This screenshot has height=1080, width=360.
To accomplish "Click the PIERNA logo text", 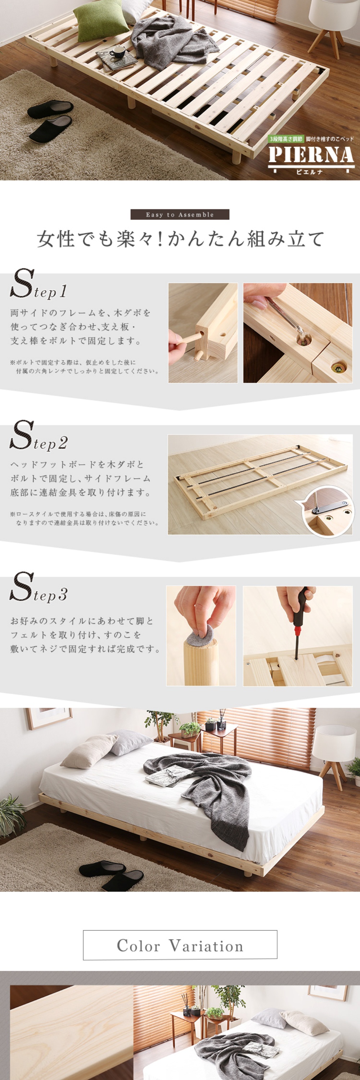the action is (x=311, y=155).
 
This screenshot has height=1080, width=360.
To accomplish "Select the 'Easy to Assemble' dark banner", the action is (x=180, y=215).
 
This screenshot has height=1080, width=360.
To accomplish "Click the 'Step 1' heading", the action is (x=39, y=285).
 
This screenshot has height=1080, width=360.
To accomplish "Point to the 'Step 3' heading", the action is (x=39, y=588).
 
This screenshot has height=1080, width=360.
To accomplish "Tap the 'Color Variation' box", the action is (x=180, y=945).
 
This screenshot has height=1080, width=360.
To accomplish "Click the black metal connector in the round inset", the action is (x=331, y=507).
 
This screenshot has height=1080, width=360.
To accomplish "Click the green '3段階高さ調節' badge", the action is (x=286, y=139).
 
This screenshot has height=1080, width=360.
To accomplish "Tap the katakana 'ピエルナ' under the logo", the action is (x=310, y=172).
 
